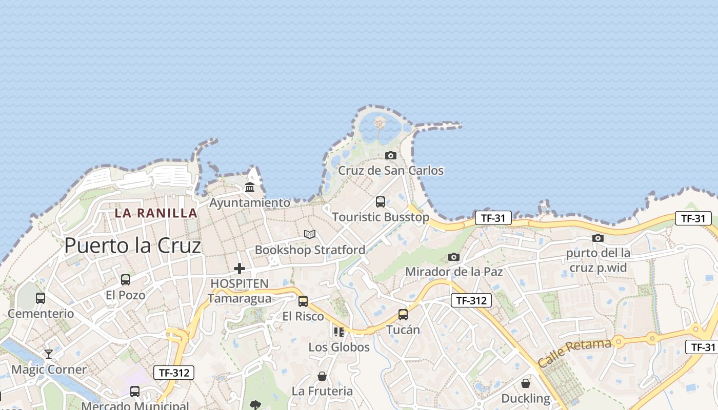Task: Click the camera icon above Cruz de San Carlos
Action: point(391,155)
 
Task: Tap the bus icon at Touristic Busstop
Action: point(381,202)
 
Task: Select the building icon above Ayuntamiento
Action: point(250,188)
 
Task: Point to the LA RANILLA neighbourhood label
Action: point(156,213)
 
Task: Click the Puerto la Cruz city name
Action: point(132,247)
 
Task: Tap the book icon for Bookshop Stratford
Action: point(309,234)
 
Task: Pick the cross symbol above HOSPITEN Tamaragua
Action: point(240,268)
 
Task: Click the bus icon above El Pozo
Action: point(126,280)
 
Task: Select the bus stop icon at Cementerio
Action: point(41,298)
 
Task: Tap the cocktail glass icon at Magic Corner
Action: point(49,354)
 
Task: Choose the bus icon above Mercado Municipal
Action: point(135,392)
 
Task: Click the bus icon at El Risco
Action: point(303,301)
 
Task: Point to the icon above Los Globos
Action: point(338,332)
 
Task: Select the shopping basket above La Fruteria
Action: point(322,376)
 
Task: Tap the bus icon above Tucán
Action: point(403,314)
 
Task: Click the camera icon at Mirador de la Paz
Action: point(453,257)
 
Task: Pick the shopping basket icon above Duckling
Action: point(526,383)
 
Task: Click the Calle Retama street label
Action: point(574,353)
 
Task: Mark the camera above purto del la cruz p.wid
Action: point(598,238)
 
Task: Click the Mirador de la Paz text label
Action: point(454,272)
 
